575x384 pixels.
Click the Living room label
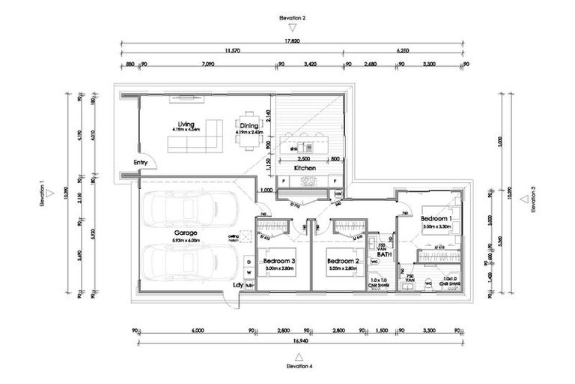[186, 124]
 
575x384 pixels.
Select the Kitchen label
[305, 169]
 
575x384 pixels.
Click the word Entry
[141, 163]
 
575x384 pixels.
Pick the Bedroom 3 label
[279, 261]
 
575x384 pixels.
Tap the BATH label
[384, 256]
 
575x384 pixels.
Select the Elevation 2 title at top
[293, 16]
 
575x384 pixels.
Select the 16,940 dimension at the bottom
[293, 343]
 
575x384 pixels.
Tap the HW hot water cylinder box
[338, 195]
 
